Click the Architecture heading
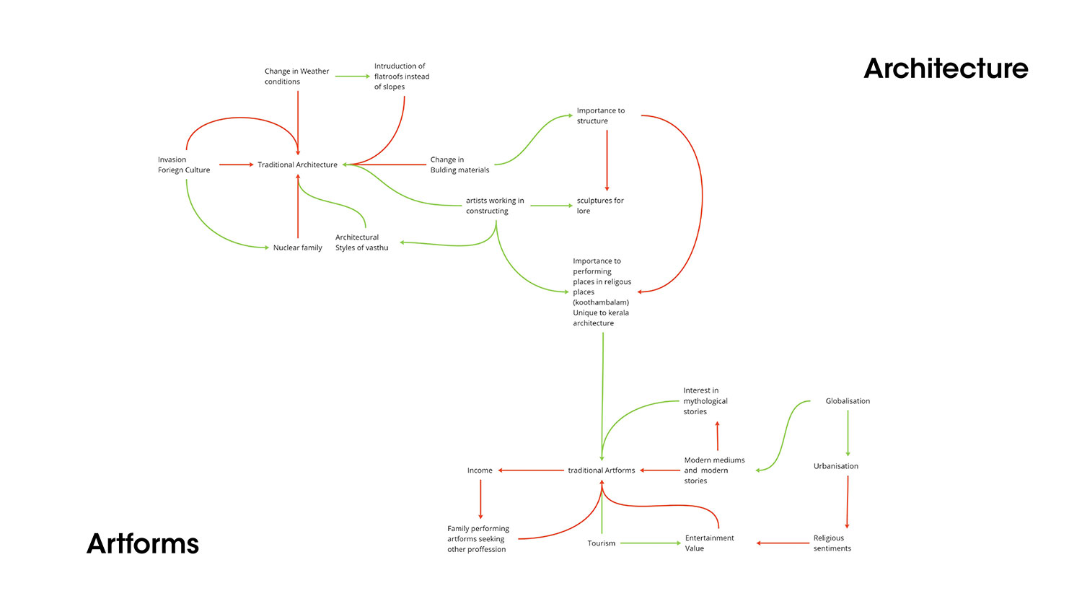click(946, 69)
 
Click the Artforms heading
click(143, 543)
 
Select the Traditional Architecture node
click(297, 165)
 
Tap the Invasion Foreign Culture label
click(184, 165)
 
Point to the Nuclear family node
click(297, 247)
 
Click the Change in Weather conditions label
click(296, 76)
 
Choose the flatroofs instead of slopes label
click(401, 76)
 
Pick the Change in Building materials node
click(459, 165)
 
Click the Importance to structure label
click(600, 115)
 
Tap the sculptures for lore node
click(599, 206)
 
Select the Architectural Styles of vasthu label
click(361, 242)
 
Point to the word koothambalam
click(601, 302)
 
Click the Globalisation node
click(848, 401)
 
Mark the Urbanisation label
click(836, 466)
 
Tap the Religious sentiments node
click(832, 543)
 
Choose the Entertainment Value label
click(709, 543)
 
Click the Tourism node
click(601, 543)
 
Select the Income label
click(480, 470)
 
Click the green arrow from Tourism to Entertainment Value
click(650, 543)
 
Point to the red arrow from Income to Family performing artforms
click(480, 499)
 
